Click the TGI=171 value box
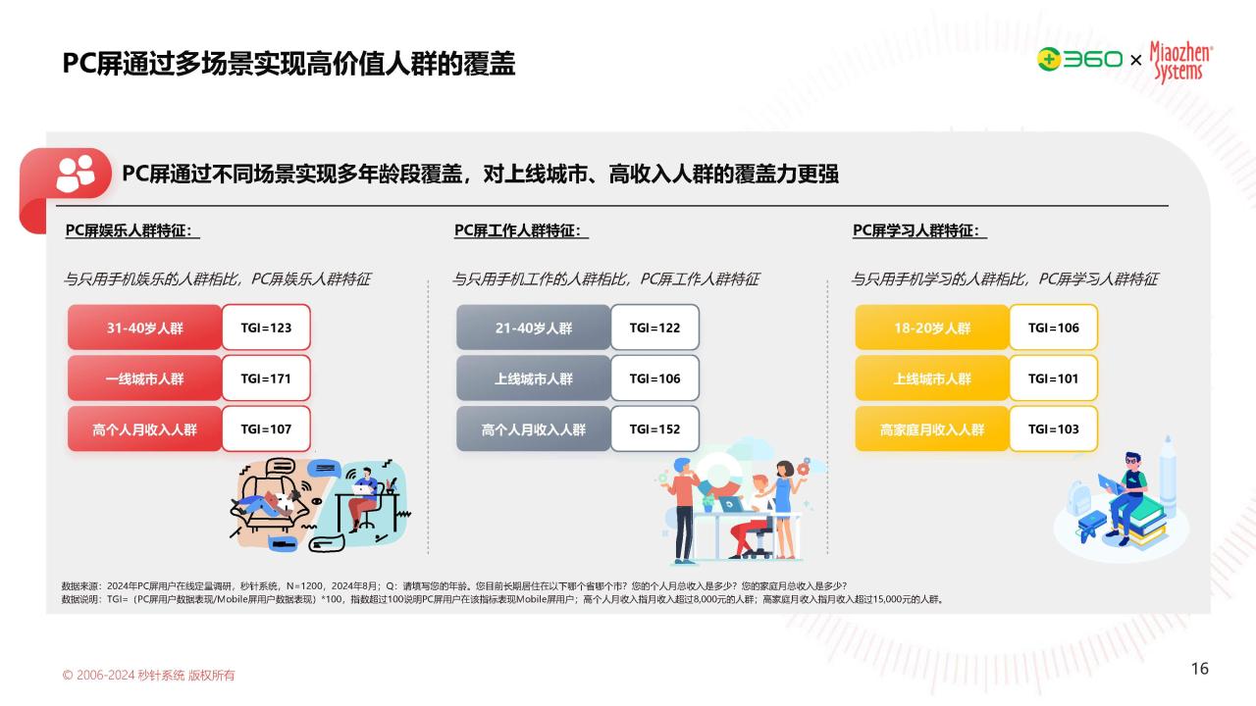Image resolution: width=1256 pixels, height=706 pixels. pyautogui.click(x=266, y=378)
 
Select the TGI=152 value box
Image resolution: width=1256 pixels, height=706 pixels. pyautogui.click(x=654, y=429)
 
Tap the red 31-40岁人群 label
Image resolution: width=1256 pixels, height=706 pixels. pyautogui.click(x=144, y=328)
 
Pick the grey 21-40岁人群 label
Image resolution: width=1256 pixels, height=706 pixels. pyautogui.click(x=533, y=328)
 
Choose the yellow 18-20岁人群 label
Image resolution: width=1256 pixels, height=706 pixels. pyautogui.click(x=932, y=328)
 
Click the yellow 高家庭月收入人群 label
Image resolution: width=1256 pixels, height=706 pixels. pyautogui.click(x=932, y=429)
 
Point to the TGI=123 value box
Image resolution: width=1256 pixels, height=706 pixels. pyautogui.click(x=266, y=328)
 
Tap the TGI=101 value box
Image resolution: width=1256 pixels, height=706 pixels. pyautogui.click(x=1053, y=378)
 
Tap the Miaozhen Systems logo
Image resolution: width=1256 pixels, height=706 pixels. pyautogui.click(x=1180, y=62)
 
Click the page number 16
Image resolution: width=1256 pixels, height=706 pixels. pyautogui.click(x=1200, y=669)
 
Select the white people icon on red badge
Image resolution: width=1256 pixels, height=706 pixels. pyautogui.click(x=76, y=174)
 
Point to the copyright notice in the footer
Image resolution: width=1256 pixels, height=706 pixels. pyautogui.click(x=148, y=676)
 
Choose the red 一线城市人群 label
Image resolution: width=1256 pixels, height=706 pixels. pyautogui.click(x=144, y=378)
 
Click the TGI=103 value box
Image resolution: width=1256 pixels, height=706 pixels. pyautogui.click(x=1053, y=429)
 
